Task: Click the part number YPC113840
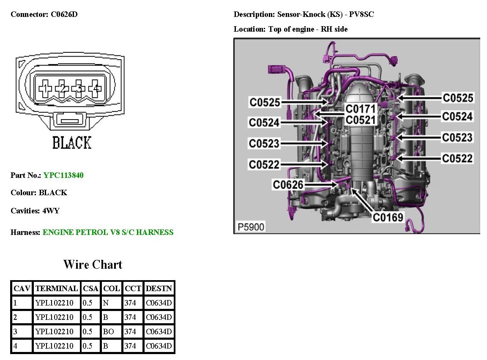63,175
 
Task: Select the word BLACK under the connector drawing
71,143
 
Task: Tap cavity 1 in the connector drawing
45,88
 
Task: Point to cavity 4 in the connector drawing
96,88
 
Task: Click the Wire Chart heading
93,265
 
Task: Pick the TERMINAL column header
57,289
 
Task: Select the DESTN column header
159,289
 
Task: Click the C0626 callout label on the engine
288,185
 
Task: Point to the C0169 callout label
387,217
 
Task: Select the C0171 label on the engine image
361,109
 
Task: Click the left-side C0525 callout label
265,102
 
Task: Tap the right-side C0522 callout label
457,158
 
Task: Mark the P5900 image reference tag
251,227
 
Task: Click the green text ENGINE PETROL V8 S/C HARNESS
108,232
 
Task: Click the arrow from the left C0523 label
304,143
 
